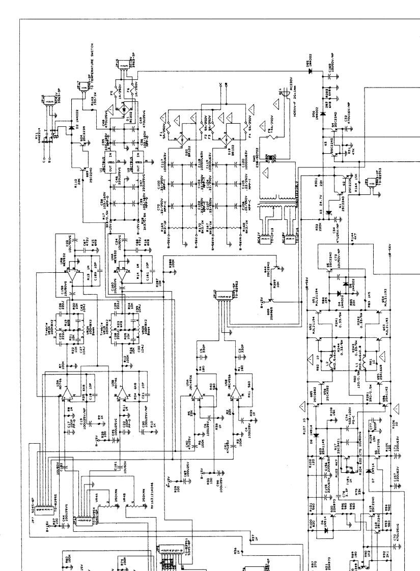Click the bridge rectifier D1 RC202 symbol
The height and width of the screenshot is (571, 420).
(122, 108)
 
